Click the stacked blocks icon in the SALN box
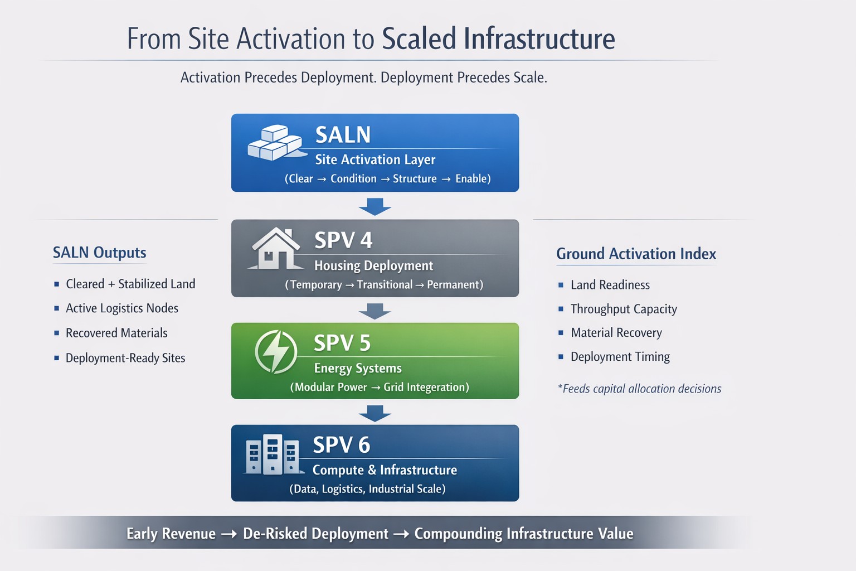276,142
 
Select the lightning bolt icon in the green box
276,351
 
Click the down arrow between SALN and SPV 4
375,206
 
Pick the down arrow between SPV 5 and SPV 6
375,413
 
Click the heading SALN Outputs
99,253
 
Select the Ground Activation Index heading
636,254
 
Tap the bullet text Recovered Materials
116,333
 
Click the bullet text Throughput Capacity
624,309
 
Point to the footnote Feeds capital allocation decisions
639,389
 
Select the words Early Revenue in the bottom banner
171,534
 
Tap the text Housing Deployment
374,266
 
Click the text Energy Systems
358,368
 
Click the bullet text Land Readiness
610,285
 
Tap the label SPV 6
342,445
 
